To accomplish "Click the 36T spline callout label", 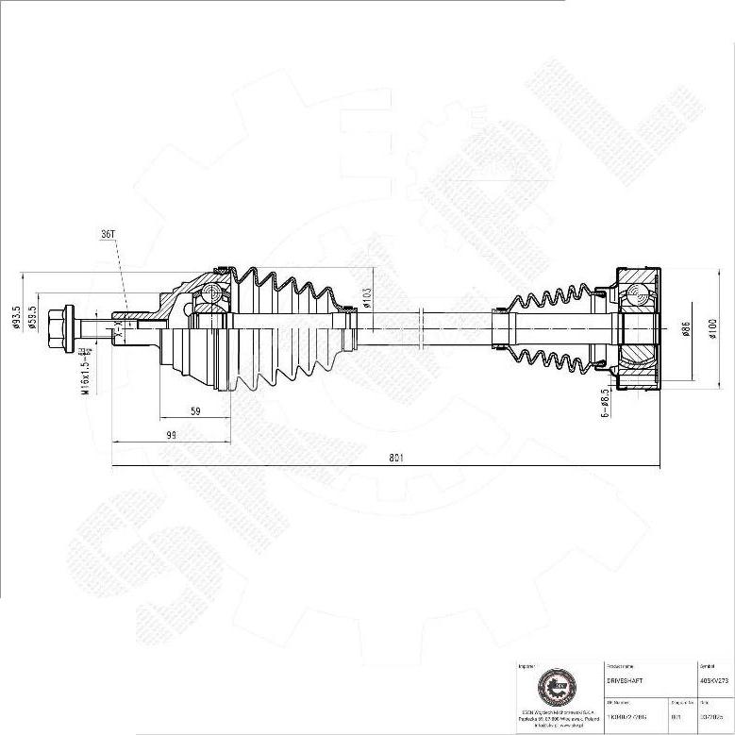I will [108, 233].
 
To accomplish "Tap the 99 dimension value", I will [171, 434].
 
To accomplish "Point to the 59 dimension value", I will [195, 410].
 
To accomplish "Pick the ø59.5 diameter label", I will [33, 318].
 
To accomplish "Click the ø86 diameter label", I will [687, 329].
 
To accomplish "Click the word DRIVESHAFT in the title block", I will [624, 678].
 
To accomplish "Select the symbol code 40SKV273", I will [714, 678].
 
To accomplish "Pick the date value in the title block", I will [712, 716].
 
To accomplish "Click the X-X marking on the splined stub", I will [118, 327].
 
